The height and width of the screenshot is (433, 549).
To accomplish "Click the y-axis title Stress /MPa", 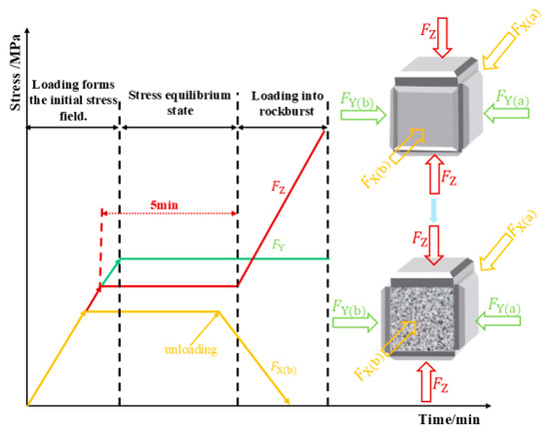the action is (15, 73).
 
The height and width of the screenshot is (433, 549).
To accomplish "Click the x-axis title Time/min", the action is (449, 419).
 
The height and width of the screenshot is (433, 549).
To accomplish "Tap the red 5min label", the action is (164, 205).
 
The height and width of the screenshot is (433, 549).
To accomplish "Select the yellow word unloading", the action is (191, 349).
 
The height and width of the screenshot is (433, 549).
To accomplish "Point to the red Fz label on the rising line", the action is (278, 187).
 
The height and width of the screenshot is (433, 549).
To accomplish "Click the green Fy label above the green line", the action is (278, 245).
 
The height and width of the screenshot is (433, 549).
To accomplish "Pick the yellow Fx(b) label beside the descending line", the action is (283, 368).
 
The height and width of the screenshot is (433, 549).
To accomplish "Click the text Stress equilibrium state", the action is (180, 103).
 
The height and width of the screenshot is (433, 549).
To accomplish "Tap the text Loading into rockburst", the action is (287, 104).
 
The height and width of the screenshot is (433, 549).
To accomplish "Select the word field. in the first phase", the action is (73, 116).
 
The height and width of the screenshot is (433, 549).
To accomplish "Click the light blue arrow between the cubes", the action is (433, 211).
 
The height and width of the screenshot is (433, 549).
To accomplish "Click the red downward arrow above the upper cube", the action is (442, 38).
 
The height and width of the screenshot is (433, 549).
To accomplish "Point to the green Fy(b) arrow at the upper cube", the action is (363, 115).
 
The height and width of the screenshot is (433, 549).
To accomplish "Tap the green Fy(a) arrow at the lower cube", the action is (498, 320).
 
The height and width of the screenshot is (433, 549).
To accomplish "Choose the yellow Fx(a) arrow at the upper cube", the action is (500, 51).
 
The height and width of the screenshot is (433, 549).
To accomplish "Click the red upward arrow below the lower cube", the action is (426, 381).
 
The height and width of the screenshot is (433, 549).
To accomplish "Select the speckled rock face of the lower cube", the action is (422, 319).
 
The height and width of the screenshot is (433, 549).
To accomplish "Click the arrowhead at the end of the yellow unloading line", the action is (287, 401).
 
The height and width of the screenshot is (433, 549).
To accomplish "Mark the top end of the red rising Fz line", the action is (325, 130).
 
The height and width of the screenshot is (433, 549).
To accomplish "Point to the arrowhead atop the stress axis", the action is (27, 31).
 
